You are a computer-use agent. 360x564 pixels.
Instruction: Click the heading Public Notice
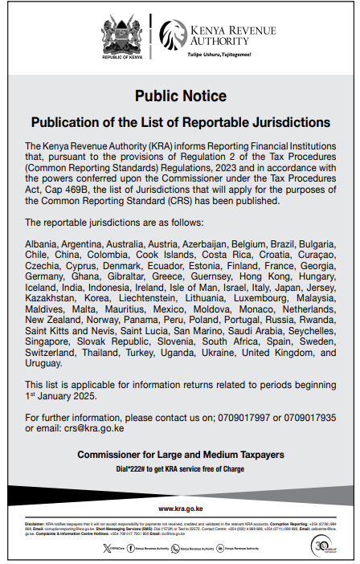tap(180, 96)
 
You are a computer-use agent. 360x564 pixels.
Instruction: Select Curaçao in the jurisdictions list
tap(314, 253)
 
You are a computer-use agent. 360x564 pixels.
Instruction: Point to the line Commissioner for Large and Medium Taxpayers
tap(180, 455)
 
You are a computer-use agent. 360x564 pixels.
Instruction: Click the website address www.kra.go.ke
tap(180, 509)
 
